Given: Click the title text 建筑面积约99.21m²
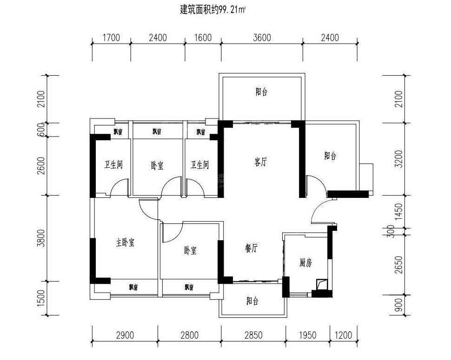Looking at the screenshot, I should (x=212, y=9).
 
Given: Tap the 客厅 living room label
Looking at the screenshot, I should (x=261, y=162).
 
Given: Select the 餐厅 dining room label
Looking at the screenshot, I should (x=251, y=249).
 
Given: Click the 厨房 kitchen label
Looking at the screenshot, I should (x=305, y=263).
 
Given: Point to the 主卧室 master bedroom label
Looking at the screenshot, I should (x=125, y=242).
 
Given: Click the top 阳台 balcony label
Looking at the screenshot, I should (x=261, y=92).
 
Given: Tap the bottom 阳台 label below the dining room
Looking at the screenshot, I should (x=252, y=301).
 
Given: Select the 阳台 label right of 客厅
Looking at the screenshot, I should (x=330, y=156).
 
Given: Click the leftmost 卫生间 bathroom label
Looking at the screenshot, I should (x=113, y=165).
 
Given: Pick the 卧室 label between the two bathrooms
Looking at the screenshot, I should (x=157, y=165).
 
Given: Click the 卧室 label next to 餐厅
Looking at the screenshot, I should (x=190, y=251).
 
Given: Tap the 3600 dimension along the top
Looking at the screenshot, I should (x=262, y=38).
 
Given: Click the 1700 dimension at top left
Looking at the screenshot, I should (x=111, y=38).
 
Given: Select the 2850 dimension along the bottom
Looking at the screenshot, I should (x=253, y=334).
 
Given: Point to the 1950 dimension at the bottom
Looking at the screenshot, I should (x=307, y=334).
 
